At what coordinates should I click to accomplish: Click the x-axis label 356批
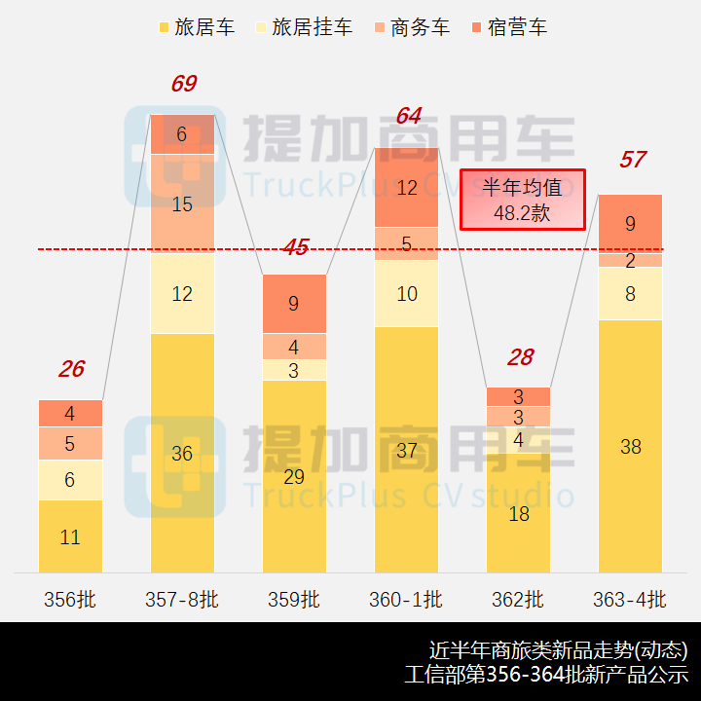tap(70, 599)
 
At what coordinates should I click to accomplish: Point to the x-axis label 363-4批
tap(630, 599)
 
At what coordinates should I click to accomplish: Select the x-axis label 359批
tap(294, 599)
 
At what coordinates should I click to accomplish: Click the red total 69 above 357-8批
tap(183, 84)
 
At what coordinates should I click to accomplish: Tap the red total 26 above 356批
tap(71, 369)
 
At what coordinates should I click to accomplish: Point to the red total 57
tap(632, 160)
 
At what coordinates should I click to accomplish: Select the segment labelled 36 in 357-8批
tap(182, 453)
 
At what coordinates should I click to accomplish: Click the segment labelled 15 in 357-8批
tap(182, 204)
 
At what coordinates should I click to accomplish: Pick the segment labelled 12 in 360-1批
tap(407, 188)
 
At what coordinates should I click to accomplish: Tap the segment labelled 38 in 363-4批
tap(630, 447)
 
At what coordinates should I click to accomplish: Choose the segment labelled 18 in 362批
tap(519, 513)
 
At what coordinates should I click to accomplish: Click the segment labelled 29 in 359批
tap(294, 477)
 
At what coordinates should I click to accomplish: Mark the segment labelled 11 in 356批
tap(70, 536)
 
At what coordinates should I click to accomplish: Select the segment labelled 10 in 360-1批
tap(407, 293)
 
